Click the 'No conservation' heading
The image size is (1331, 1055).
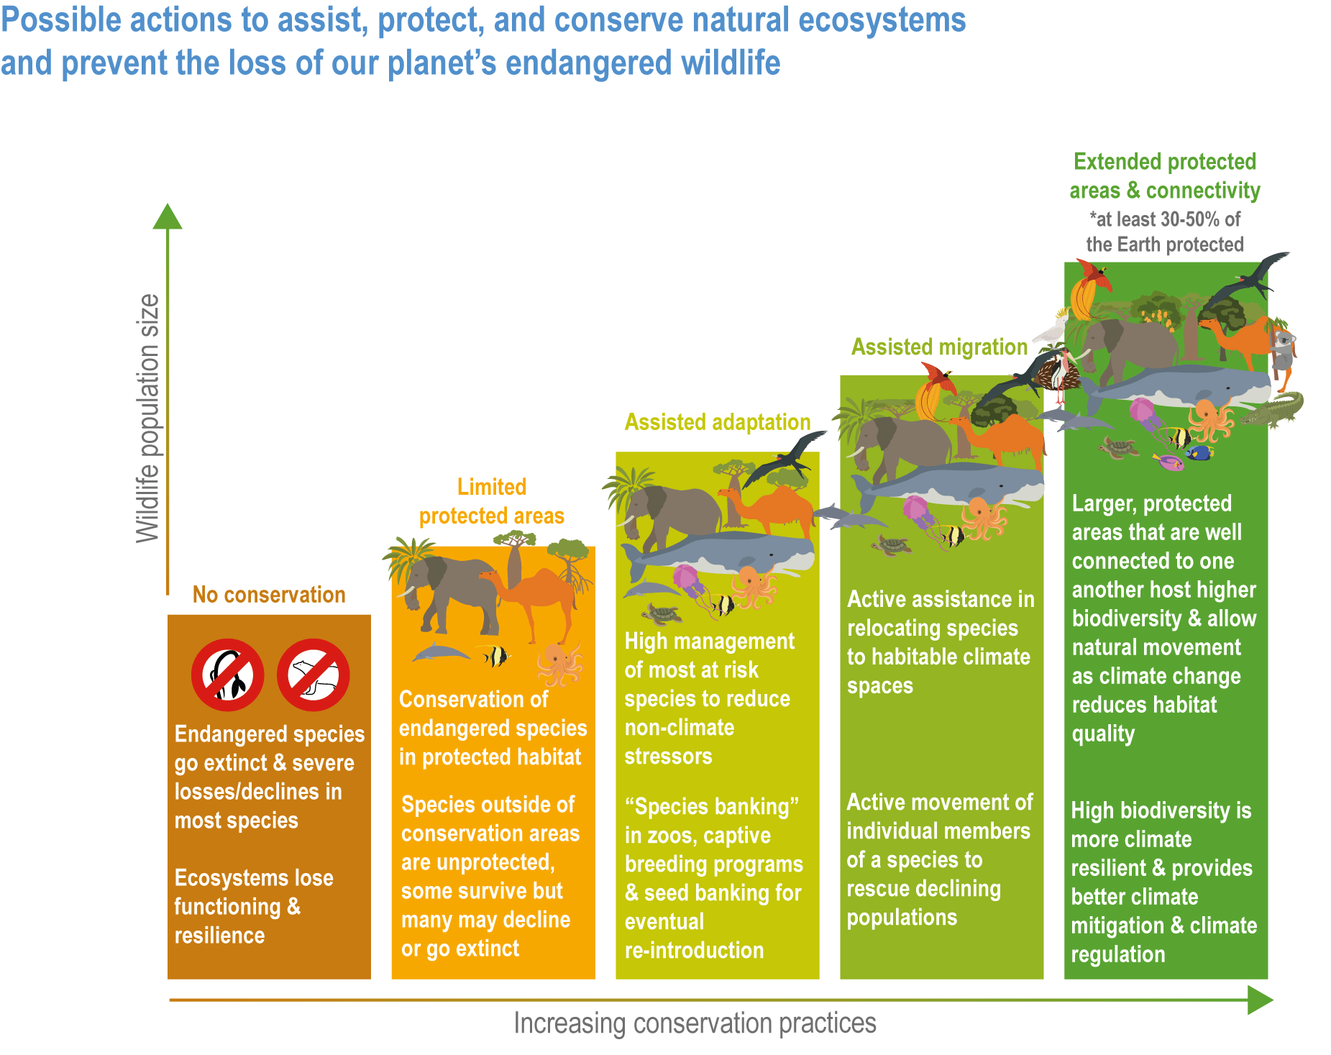269,595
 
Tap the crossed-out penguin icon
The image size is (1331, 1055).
227,675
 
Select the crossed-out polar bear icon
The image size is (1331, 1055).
314,675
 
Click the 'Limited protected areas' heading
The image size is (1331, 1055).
492,501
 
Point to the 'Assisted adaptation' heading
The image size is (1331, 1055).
718,422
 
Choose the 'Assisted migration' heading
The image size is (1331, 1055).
939,347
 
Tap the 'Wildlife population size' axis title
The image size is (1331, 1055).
147,418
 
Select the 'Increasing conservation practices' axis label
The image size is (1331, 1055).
695,1023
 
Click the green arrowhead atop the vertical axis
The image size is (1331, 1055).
168,216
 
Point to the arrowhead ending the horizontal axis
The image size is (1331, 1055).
1261,1000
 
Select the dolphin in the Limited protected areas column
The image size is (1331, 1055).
440,652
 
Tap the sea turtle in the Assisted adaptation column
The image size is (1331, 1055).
662,613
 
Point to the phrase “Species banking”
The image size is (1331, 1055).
712,808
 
